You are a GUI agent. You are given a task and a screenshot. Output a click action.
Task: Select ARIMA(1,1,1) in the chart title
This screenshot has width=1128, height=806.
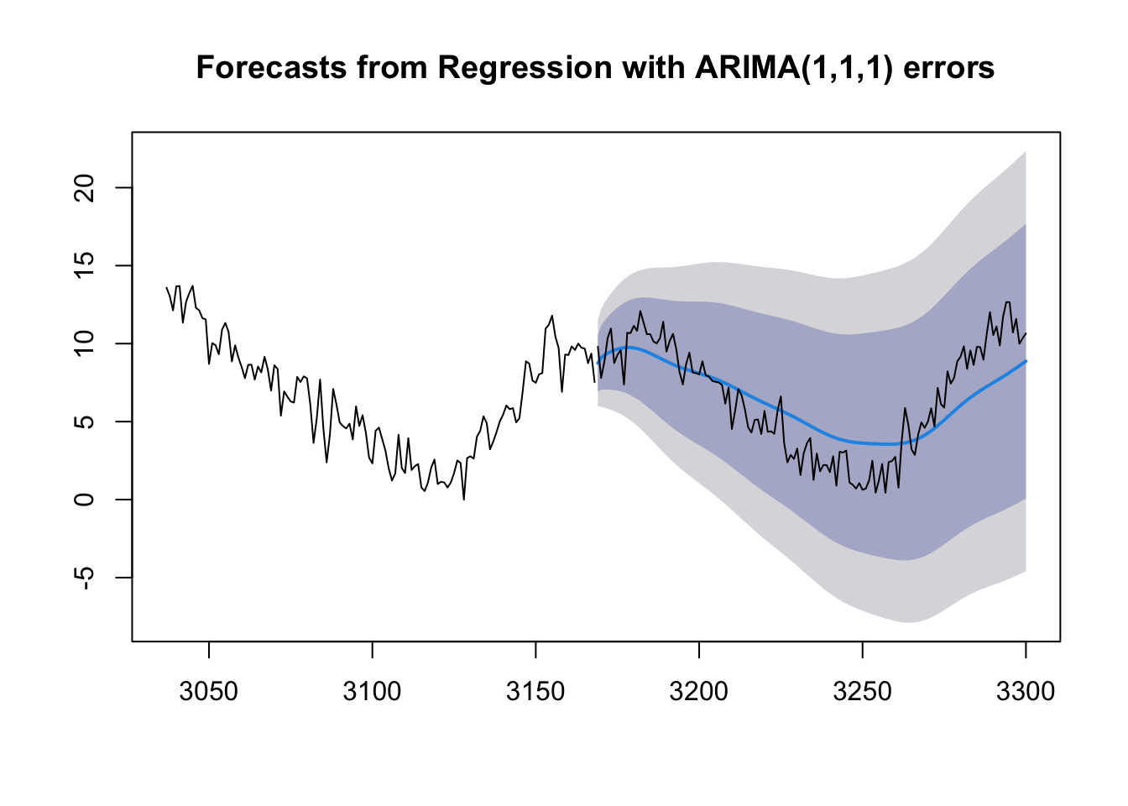[792, 67]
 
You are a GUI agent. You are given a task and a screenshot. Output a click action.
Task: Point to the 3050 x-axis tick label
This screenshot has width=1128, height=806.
[209, 692]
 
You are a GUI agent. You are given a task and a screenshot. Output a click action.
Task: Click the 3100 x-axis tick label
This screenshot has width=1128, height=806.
[372, 692]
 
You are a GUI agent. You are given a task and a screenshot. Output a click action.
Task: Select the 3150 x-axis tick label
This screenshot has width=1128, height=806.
[535, 692]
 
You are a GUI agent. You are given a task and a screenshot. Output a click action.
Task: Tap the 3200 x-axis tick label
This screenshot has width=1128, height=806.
[699, 692]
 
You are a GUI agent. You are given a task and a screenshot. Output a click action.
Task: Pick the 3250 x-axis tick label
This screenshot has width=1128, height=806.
[862, 692]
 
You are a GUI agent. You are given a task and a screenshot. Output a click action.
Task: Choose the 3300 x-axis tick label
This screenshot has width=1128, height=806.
[1026, 692]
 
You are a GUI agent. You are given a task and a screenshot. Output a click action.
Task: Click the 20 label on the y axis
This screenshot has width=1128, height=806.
[85, 187]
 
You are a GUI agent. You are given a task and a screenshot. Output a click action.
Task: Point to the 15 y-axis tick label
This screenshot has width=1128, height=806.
[85, 265]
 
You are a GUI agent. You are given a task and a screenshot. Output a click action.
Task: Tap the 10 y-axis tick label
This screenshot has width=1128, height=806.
[85, 343]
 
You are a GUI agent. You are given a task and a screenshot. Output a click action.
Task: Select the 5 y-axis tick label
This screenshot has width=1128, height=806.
[85, 421]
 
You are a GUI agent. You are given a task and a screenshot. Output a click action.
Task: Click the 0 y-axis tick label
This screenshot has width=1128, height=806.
[85, 500]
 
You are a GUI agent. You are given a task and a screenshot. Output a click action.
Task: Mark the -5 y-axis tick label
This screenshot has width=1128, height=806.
[85, 578]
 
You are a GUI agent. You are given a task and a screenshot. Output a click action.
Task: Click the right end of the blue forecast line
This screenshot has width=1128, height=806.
[1026, 361]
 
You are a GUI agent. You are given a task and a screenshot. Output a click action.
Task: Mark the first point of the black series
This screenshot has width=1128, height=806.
[166, 287]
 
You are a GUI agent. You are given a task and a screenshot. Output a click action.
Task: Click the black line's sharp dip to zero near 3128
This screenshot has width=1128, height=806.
[463, 500]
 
